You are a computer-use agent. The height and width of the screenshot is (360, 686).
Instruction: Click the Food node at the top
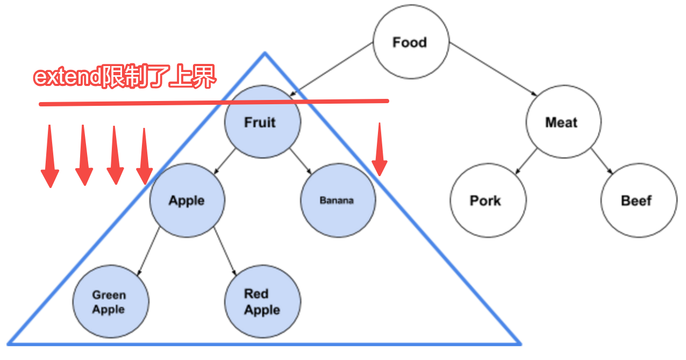point(410,43)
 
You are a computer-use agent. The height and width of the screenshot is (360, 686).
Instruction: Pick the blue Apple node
point(187,200)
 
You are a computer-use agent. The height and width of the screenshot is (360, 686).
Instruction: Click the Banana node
point(338,200)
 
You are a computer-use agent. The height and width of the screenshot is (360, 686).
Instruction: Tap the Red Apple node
point(262,302)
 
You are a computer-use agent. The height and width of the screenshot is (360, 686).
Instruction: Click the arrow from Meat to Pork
point(526,161)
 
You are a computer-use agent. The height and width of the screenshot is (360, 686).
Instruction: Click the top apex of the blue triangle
point(265,53)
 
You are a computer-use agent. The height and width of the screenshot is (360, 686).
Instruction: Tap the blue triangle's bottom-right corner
point(519,343)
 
